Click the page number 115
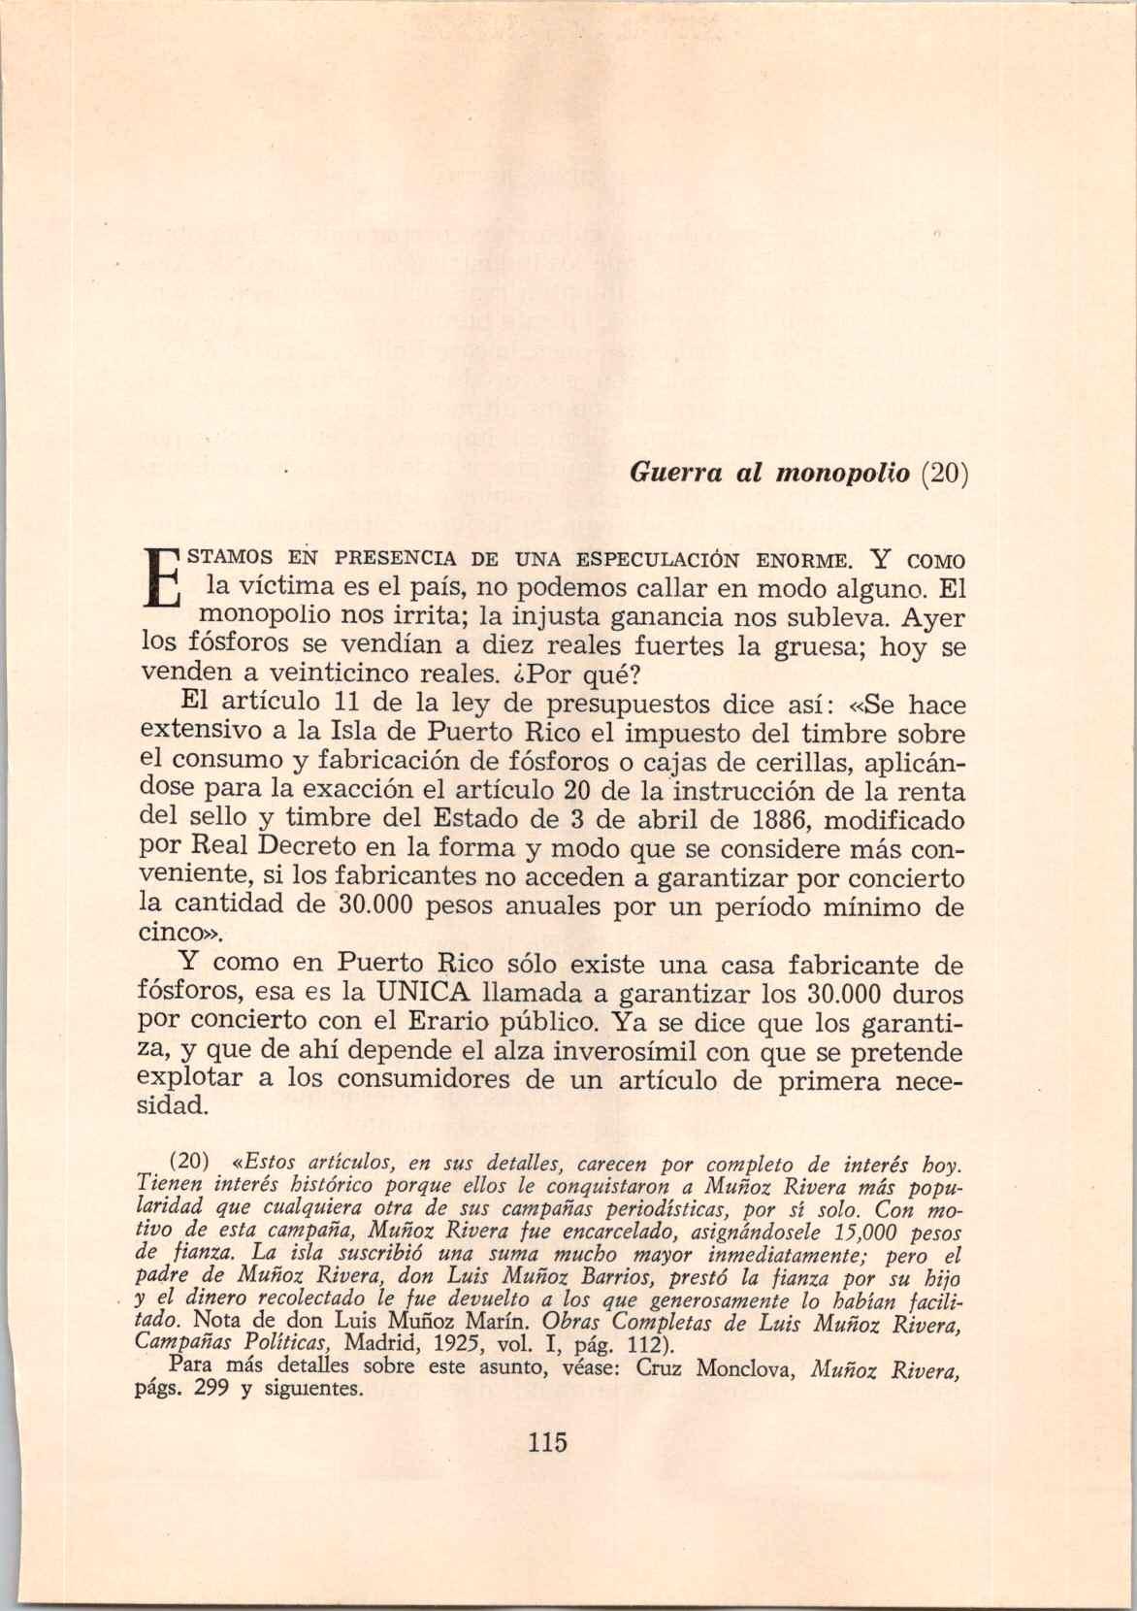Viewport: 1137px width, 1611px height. click(547, 1440)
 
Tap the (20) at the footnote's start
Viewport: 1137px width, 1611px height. click(190, 1162)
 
